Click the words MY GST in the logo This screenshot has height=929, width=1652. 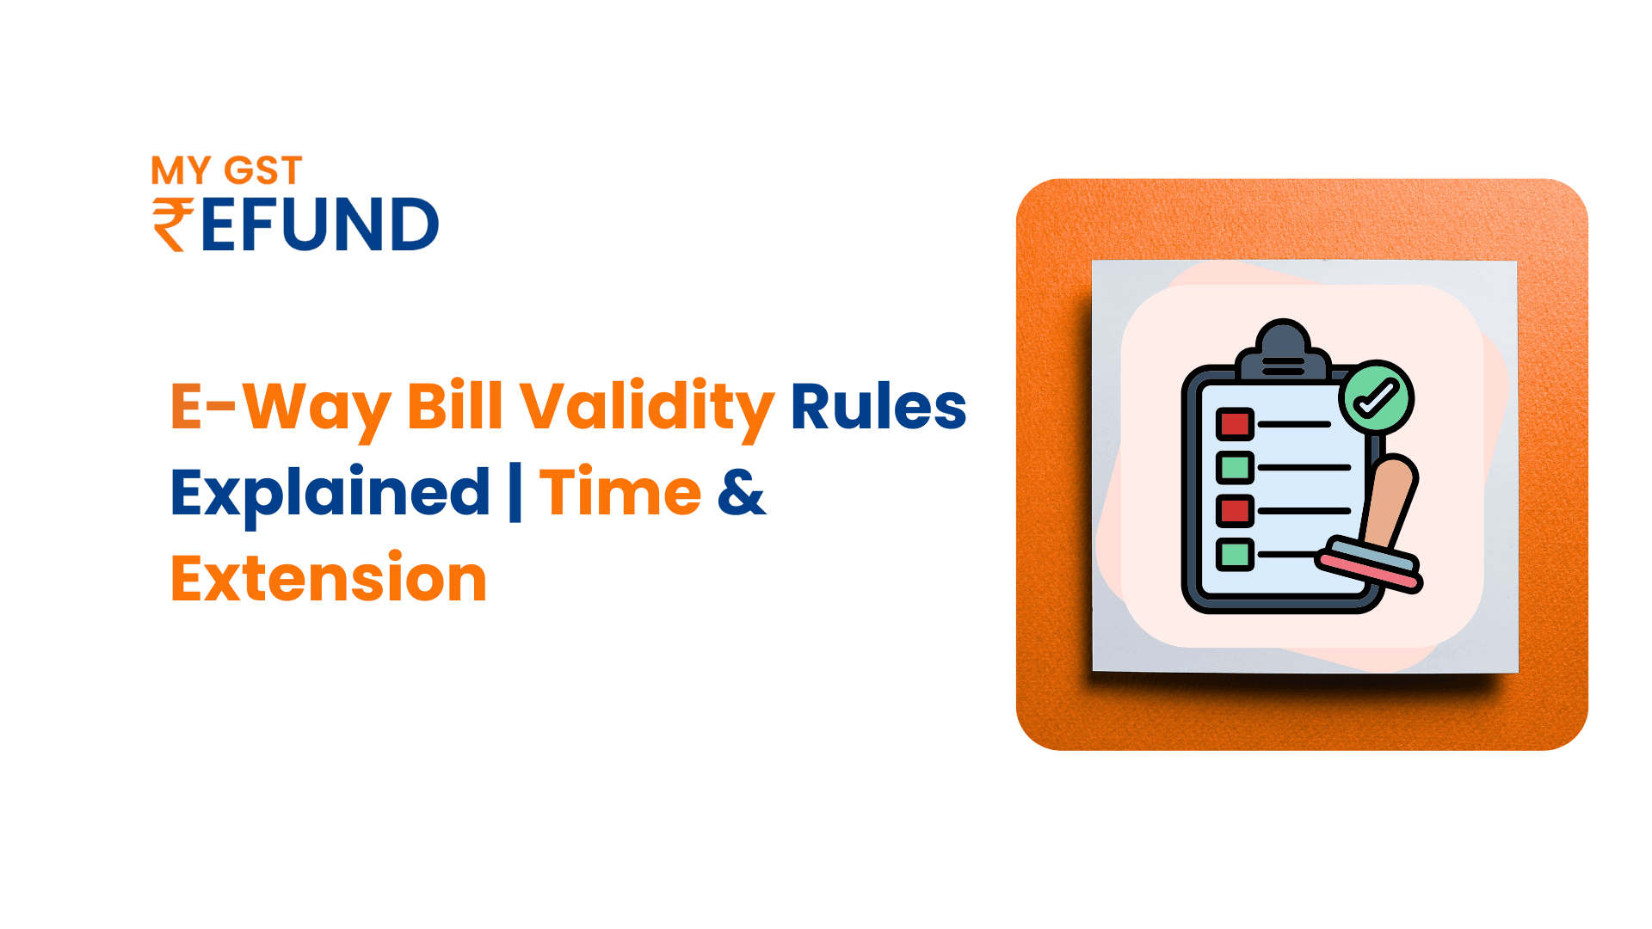point(226,170)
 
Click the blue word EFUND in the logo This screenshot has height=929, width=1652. point(320,225)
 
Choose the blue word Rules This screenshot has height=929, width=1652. point(878,406)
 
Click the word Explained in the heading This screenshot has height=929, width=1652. point(330,493)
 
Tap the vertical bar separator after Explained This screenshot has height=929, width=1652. point(515,493)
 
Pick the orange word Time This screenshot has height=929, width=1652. point(620,492)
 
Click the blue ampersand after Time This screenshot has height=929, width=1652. point(741,493)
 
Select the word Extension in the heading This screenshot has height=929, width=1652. point(329,578)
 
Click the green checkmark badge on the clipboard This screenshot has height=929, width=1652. point(1377,397)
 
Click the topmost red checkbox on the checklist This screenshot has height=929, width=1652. point(1235,424)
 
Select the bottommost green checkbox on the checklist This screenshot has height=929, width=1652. point(1235,554)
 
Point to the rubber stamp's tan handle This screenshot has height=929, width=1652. point(1387,500)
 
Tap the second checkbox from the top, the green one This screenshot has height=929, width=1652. point(1235,467)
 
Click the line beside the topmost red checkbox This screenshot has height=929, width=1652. point(1294,424)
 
